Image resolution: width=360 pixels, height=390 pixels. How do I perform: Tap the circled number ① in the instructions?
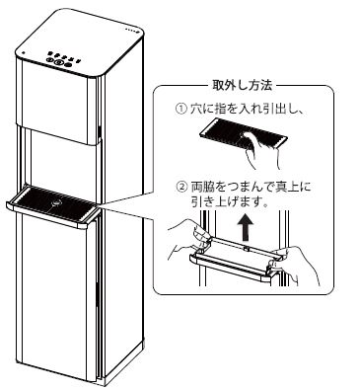click(180, 109)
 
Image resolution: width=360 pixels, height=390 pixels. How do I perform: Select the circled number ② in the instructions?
click(181, 188)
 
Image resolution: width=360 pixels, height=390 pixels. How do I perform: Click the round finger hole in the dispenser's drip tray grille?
click(56, 203)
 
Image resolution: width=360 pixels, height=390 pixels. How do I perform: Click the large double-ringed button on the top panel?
click(58, 60)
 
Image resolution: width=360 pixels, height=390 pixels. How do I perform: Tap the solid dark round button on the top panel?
click(68, 64)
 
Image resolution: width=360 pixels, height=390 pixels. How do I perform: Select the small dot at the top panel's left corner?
click(24, 52)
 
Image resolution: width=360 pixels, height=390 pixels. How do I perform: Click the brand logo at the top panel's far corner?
click(133, 31)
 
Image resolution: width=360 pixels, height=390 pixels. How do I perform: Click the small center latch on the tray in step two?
click(246, 247)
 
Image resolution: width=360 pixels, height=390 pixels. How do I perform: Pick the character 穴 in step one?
click(196, 109)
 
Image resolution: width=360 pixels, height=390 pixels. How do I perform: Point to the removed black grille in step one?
click(244, 136)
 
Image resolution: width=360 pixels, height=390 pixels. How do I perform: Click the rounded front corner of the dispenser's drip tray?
click(82, 225)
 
